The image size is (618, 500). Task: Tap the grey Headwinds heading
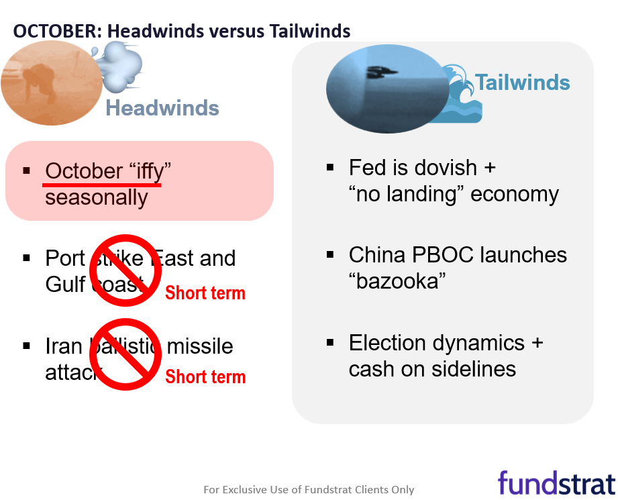point(162,108)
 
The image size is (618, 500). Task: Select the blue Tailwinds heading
point(523,83)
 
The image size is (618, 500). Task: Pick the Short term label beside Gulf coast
point(205,293)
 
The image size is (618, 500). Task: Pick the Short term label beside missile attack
point(205,377)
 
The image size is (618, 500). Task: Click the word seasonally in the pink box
point(96,197)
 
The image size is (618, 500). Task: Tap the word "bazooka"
point(398,281)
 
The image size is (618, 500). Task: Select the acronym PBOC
point(444,256)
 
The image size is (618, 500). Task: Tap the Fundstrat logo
point(556,483)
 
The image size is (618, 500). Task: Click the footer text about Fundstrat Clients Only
point(309,490)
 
